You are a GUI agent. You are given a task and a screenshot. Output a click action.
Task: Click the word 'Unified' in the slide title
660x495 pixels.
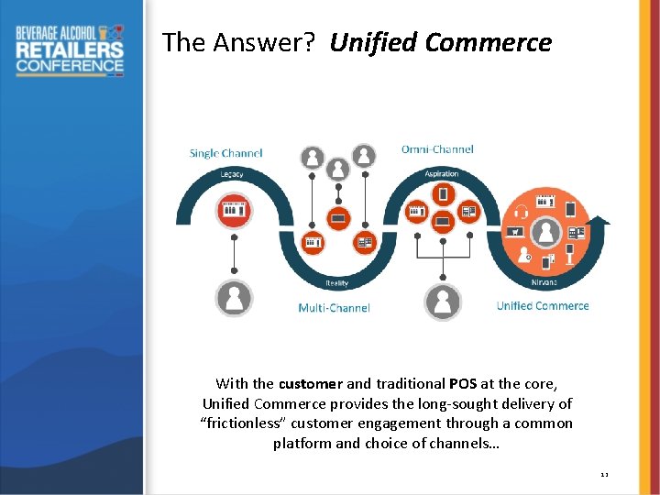(374, 43)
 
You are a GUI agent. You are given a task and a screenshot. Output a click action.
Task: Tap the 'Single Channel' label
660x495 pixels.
(225, 153)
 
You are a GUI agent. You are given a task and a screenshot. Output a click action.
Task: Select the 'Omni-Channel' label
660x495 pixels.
(437, 149)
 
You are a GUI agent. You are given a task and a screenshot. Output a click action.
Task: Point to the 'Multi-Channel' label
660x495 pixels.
(334, 308)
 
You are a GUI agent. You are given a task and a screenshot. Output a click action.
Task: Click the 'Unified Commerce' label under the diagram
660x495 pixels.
(543, 305)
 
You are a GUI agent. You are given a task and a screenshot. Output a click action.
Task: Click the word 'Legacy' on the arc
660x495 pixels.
(232, 174)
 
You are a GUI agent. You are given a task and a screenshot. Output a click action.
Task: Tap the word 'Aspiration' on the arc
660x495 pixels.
(442, 174)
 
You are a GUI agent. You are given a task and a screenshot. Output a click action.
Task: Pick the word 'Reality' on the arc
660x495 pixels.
(336, 283)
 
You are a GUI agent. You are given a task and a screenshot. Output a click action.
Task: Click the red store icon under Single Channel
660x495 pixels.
(232, 211)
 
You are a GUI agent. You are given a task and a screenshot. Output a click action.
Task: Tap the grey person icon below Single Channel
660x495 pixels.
(234, 298)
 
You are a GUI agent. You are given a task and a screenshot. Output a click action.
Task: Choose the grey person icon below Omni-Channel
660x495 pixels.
(443, 302)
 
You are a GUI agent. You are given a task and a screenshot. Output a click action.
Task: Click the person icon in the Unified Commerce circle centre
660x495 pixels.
(547, 232)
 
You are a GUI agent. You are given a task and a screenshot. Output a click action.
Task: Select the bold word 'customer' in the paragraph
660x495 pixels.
(311, 384)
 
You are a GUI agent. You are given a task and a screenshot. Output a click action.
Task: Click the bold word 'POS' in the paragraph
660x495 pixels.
(463, 384)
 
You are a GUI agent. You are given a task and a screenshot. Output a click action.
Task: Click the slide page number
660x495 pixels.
(604, 474)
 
